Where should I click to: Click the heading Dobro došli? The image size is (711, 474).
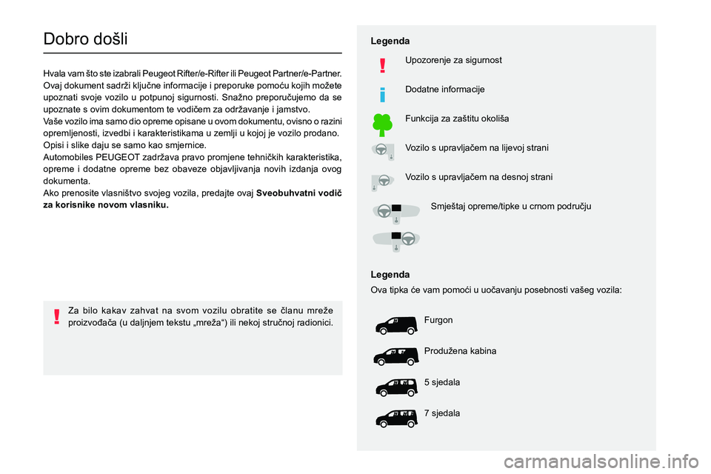pyautogui.click(x=86, y=39)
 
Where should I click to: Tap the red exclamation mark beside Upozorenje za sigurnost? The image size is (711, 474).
pyautogui.click(x=382, y=66)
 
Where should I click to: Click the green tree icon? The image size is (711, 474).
pyautogui.click(x=382, y=124)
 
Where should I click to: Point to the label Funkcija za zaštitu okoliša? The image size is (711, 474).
pyautogui.click(x=457, y=118)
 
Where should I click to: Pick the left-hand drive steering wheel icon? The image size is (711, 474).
pyautogui.click(x=383, y=151)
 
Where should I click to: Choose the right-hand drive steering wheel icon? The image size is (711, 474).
pyautogui.click(x=383, y=181)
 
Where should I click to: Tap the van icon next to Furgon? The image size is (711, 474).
pyautogui.click(x=392, y=326)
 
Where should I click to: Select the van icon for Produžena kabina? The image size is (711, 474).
pyautogui.click(x=392, y=357)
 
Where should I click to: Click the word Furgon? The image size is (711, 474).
pyautogui.click(x=438, y=320)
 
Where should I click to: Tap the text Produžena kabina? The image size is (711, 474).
pyautogui.click(x=461, y=351)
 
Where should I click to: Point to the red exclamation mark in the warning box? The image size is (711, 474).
pyautogui.click(x=56, y=317)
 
